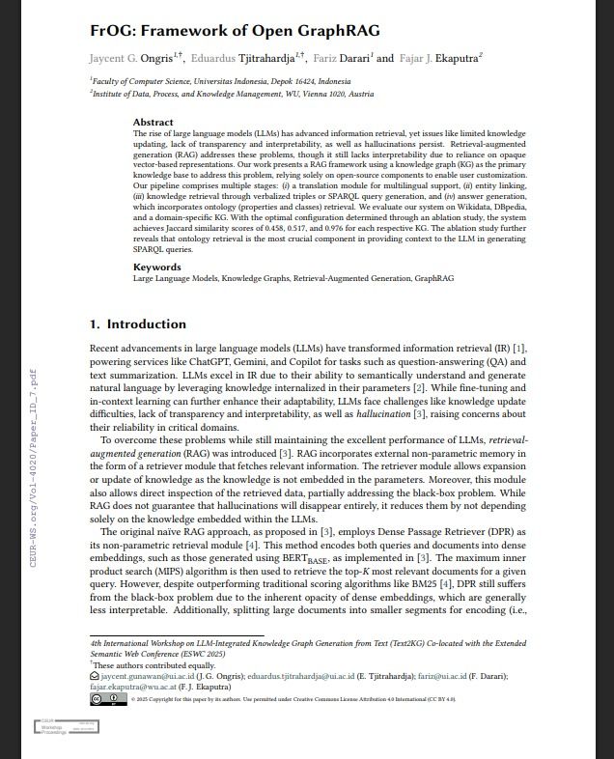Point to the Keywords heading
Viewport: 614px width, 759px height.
click(x=156, y=267)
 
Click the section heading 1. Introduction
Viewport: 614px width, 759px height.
click(x=138, y=324)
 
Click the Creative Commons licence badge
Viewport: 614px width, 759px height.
click(x=108, y=698)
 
